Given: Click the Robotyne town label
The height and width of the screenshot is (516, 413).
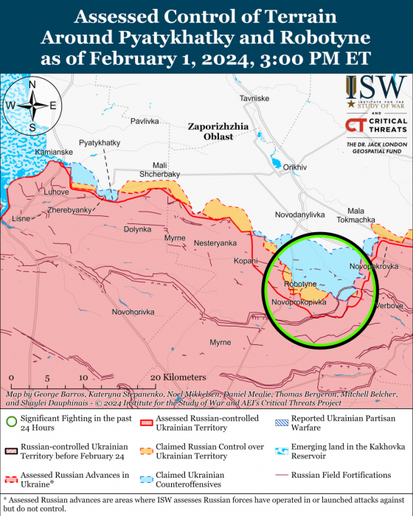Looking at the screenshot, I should [x=299, y=284].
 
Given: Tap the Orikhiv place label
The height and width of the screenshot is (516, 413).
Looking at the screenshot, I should [x=294, y=167].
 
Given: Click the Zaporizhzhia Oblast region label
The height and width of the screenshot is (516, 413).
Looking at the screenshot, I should [x=210, y=131].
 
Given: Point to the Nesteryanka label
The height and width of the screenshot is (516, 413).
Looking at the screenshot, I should [x=215, y=243].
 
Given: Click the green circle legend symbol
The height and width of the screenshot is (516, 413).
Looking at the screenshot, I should [x=11, y=422].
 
